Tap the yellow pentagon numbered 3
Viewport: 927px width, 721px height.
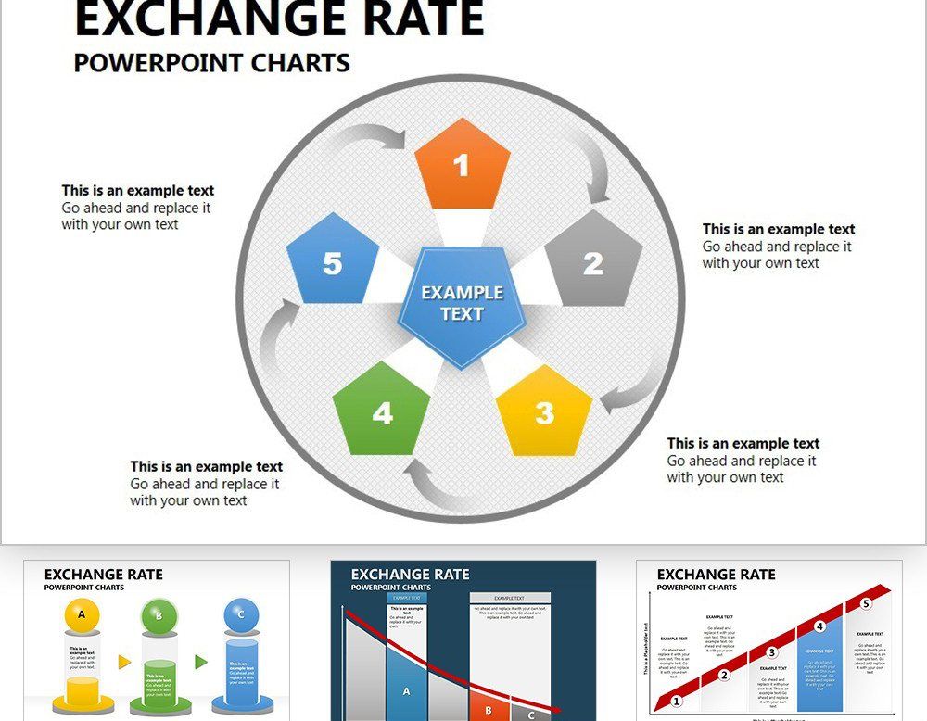point(544,411)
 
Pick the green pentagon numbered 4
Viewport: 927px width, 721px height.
point(382,411)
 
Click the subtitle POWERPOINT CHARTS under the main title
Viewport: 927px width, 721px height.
point(211,63)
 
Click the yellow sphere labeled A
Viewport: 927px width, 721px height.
point(82,614)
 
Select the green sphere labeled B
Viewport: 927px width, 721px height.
point(159,615)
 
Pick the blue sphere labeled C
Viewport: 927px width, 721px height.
point(241,614)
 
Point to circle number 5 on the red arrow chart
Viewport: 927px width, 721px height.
point(866,604)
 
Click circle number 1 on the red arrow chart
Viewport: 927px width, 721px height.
point(677,702)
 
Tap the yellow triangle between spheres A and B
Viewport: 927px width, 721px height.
point(124,662)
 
